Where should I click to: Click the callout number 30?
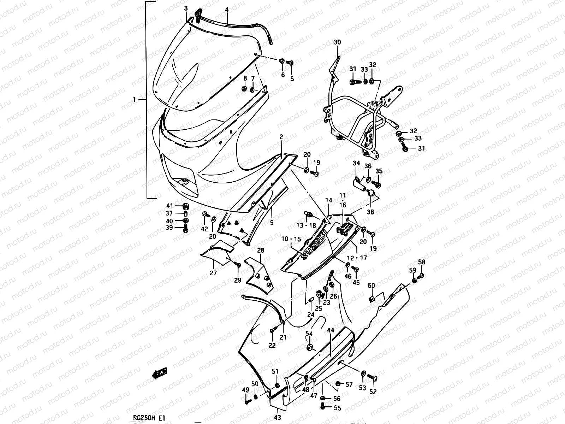coord(337,42)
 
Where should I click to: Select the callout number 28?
coord(261,251)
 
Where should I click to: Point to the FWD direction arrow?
coord(159,373)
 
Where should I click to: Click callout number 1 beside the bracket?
coord(134,100)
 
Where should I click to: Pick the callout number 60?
coord(371,285)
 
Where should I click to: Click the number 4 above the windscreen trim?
coord(227,11)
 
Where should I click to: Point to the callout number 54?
coord(309,334)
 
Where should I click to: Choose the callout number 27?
coord(213,273)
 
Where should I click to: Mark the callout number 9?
coord(272,223)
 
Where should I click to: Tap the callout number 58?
coord(422,262)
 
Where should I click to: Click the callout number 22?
coord(272,346)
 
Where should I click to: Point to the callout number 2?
coord(281,137)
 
